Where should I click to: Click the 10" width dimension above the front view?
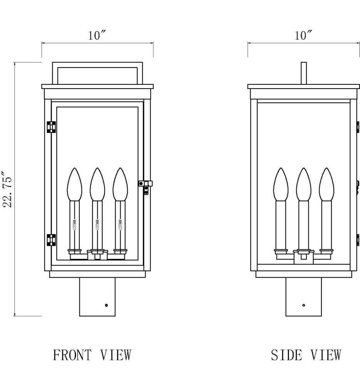tap(97, 36)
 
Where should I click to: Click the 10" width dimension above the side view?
tap(303, 36)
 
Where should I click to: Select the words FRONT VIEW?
tap(92, 355)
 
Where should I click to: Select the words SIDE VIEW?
tap(306, 355)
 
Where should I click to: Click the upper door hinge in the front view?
tap(51, 127)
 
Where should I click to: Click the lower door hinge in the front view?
tap(51, 240)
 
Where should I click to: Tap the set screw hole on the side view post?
tap(304, 305)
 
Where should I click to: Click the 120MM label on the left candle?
tap(75, 225)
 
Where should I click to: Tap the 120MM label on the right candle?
tap(120, 225)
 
